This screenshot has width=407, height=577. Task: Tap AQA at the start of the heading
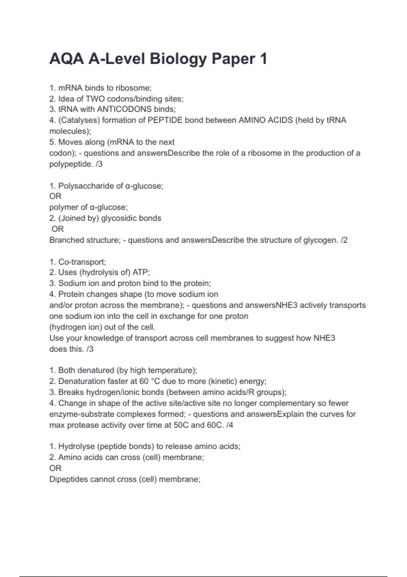point(66,59)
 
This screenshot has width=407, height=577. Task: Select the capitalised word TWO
point(95,99)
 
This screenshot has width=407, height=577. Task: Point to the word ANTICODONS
point(124,109)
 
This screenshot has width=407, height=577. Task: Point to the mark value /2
point(344,240)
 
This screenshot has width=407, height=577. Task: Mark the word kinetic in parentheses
point(221,381)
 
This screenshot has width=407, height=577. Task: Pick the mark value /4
point(230,425)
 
